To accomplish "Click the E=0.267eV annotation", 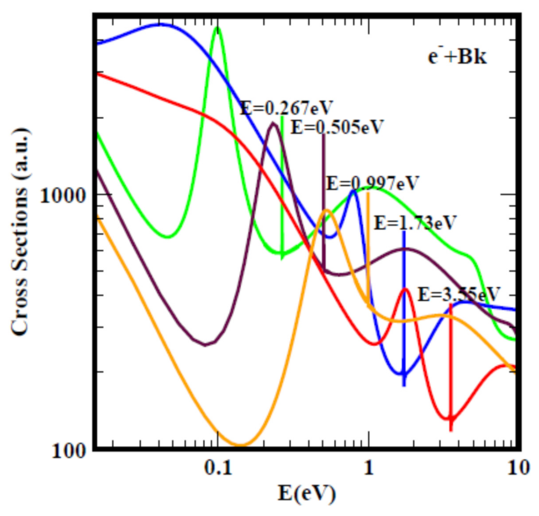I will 287,107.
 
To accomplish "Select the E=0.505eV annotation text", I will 336,127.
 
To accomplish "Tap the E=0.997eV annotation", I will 373,183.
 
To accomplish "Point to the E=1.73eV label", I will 415,223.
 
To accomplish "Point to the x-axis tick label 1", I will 368,468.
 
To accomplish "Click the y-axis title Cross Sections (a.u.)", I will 20,231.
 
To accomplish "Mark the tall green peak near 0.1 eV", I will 218,29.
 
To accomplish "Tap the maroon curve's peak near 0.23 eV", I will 273,124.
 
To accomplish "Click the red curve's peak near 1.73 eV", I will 405,289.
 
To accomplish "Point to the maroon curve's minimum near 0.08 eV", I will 205,345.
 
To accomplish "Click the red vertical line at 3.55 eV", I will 451,365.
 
